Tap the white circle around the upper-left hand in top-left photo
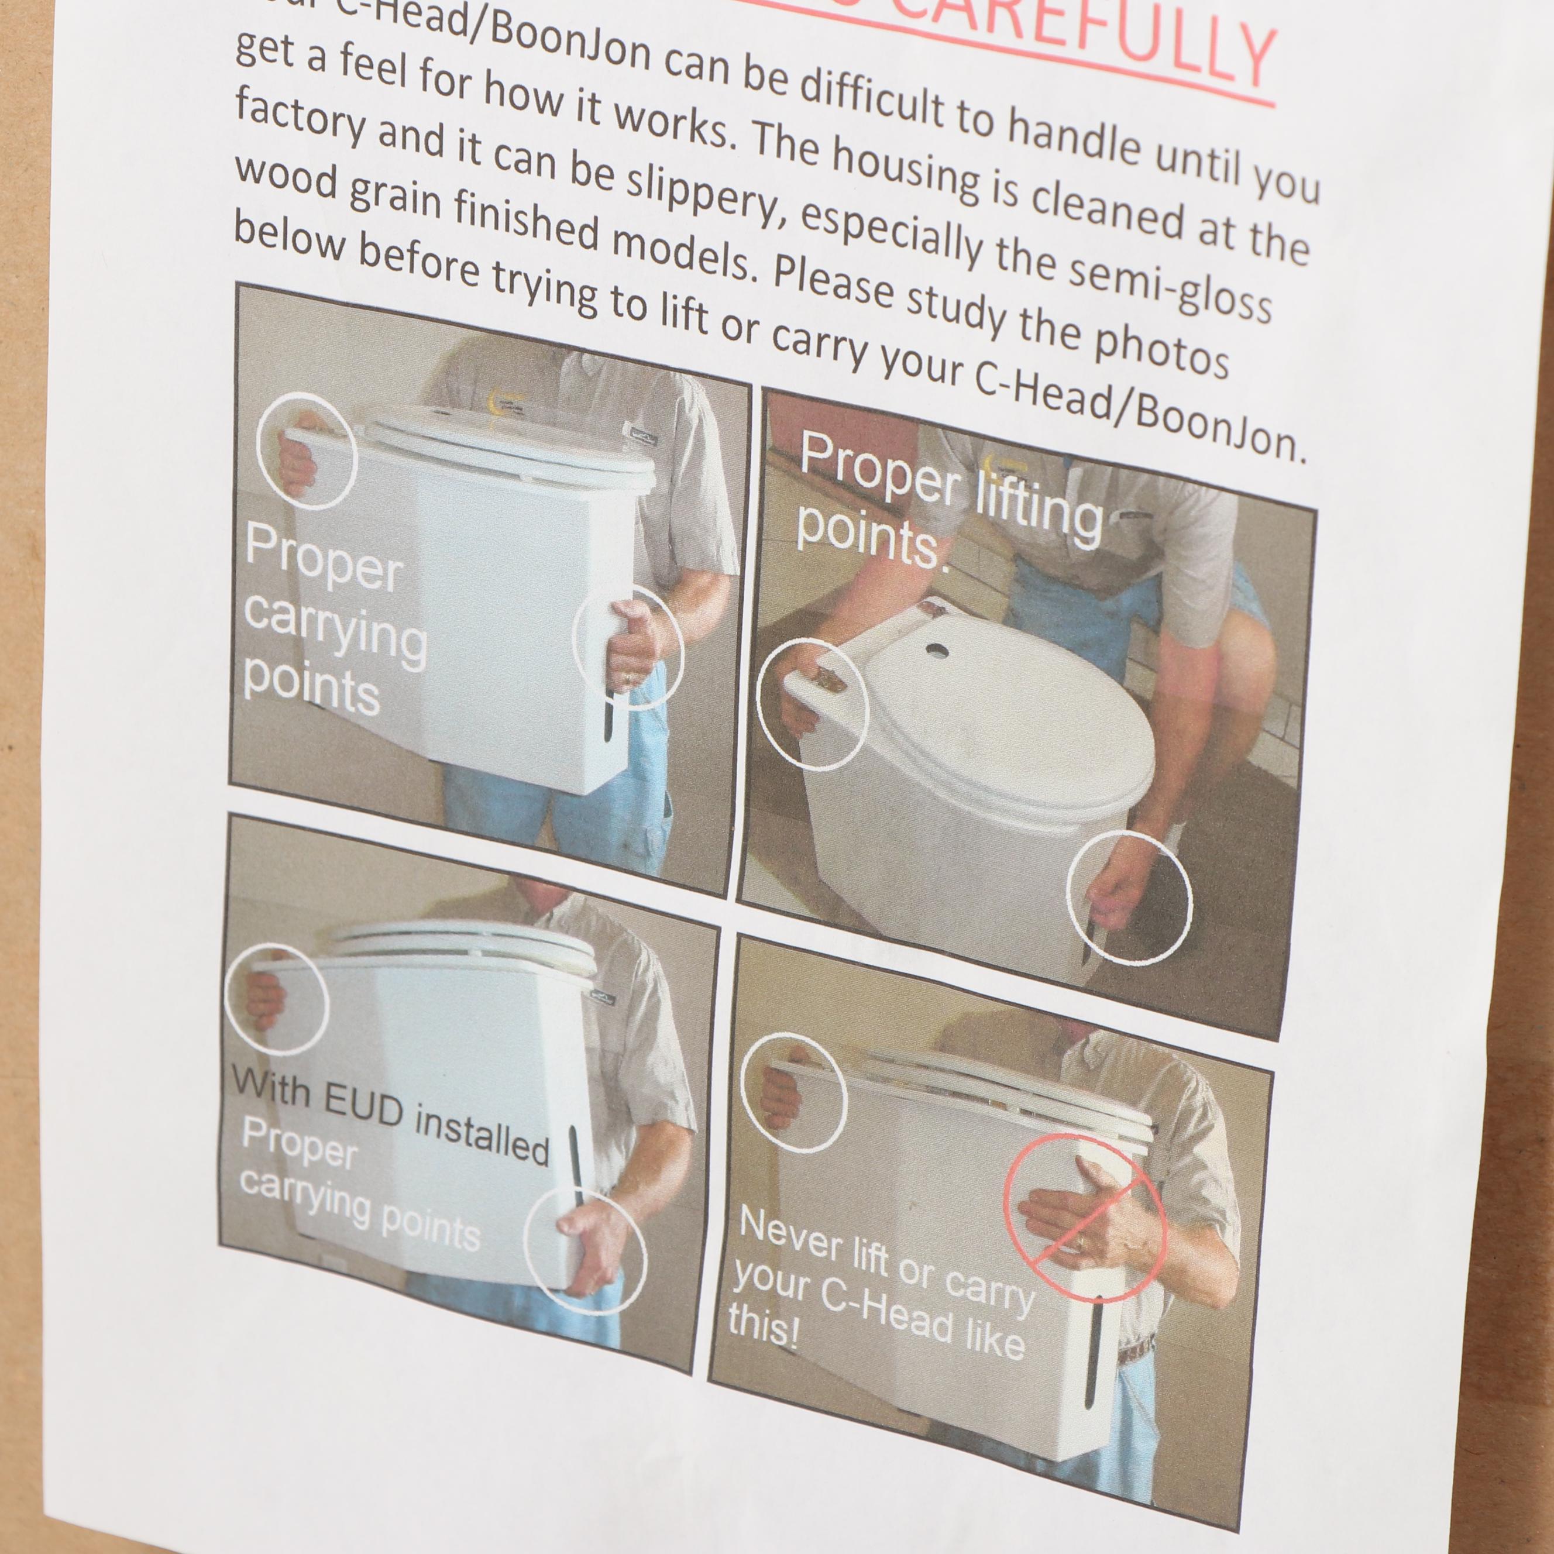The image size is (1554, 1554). click(307, 451)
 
